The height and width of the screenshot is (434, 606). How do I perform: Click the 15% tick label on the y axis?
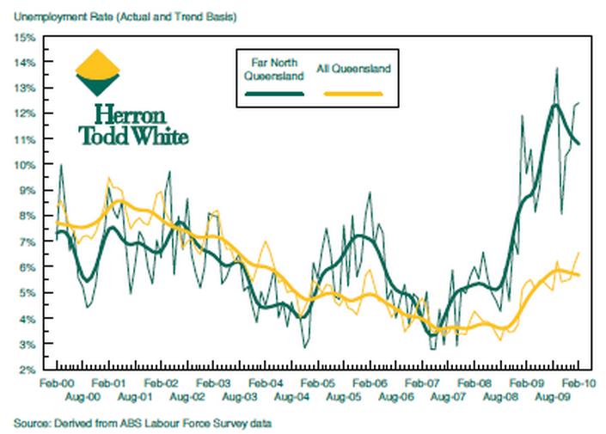[x=23, y=37]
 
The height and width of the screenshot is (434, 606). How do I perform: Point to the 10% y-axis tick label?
[x=23, y=165]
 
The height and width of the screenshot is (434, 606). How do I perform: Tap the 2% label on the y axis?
[x=26, y=370]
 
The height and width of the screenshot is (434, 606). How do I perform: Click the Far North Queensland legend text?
[x=273, y=70]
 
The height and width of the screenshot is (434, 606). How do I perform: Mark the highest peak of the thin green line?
[x=557, y=68]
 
